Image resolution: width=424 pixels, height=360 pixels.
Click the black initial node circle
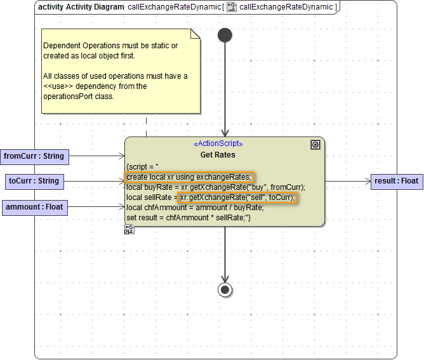[225, 36]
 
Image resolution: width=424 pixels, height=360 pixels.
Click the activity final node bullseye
[225, 290]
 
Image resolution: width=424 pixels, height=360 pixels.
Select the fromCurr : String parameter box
[34, 156]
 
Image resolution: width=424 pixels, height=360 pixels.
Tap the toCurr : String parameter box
[34, 181]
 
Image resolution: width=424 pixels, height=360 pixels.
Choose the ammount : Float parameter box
[34, 207]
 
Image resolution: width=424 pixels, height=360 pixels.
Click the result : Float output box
[397, 181]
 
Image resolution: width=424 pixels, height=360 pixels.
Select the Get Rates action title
[218, 154]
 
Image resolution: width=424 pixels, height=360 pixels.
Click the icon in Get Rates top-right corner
[315, 145]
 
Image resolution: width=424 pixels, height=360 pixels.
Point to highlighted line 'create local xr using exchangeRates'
[189, 177]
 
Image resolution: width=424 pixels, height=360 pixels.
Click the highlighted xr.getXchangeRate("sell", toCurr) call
[237, 197]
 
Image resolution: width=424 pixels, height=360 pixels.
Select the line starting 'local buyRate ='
[216, 187]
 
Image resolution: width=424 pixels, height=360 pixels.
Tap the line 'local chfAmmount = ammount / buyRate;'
[194, 208]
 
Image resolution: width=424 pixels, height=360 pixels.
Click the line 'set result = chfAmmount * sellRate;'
[189, 218]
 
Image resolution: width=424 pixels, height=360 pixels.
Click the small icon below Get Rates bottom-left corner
[129, 230]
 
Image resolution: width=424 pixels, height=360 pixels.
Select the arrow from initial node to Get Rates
[225, 89]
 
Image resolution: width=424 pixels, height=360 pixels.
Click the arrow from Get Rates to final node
[225, 254]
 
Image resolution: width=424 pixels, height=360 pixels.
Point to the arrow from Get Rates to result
[348, 181]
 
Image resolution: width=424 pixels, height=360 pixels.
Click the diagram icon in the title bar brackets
[232, 7]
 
